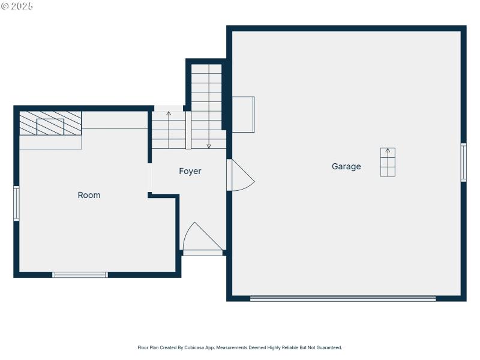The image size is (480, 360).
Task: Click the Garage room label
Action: [346, 166]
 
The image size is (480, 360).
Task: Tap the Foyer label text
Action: [190, 171]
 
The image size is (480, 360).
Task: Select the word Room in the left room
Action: [89, 195]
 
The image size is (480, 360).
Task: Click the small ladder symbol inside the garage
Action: [388, 162]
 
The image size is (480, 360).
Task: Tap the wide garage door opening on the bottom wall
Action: [343, 298]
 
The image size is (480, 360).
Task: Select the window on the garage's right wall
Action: [463, 162]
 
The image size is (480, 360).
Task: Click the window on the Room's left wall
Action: [16, 203]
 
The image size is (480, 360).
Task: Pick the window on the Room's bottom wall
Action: [80, 275]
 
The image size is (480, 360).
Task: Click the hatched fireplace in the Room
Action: [50, 123]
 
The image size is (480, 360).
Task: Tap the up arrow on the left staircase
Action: [169, 113]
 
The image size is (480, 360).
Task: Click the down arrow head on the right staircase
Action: [209, 146]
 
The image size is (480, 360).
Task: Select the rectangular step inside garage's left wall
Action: [243, 114]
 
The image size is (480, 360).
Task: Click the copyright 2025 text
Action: [17, 6]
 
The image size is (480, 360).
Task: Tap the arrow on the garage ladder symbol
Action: [388, 151]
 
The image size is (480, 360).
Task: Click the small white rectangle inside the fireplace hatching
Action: [50, 126]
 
